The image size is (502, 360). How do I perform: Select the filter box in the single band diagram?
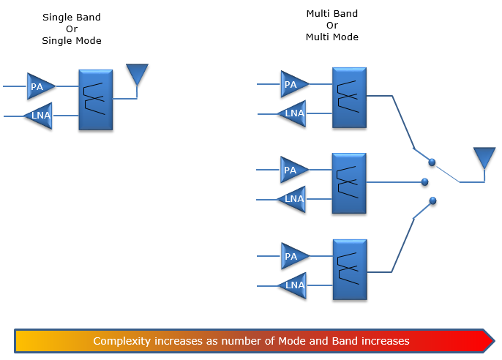click(x=95, y=100)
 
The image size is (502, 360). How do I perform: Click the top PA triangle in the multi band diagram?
click(x=293, y=84)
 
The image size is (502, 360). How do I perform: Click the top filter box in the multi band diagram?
click(x=349, y=97)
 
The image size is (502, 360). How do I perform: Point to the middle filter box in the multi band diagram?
click(x=349, y=184)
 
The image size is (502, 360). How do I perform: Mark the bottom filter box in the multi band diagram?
click(x=350, y=269)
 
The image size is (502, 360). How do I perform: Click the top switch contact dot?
click(x=432, y=162)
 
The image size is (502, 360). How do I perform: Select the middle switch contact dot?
click(x=425, y=182)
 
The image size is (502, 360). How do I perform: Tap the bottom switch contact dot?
click(x=433, y=200)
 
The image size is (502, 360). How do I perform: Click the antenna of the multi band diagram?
click(x=484, y=158)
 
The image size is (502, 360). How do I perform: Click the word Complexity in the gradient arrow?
click(x=121, y=341)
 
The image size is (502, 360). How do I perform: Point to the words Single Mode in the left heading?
click(x=72, y=41)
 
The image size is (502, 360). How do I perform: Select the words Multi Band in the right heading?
click(x=332, y=13)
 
